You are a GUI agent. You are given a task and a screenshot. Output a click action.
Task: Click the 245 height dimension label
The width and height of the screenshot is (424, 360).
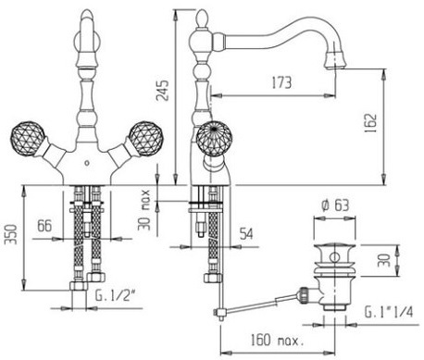(162, 91)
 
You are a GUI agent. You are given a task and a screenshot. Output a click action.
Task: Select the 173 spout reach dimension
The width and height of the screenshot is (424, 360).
(281, 82)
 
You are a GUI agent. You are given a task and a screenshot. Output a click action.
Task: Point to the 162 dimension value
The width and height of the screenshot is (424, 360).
(370, 123)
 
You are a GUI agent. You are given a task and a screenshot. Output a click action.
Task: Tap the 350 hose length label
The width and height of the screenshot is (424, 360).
(12, 235)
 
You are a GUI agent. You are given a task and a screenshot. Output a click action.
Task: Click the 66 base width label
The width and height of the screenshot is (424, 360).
(44, 226)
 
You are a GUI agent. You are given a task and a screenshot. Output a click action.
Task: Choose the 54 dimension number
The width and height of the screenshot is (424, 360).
(246, 233)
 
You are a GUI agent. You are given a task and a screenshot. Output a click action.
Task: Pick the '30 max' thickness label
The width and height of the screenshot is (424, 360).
(144, 210)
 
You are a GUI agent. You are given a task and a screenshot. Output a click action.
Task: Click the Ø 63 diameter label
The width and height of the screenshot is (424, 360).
(335, 205)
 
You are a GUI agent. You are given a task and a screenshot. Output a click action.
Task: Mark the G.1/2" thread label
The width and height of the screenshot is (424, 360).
(116, 296)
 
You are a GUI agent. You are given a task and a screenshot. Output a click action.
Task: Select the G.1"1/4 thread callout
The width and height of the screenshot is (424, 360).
(389, 312)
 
